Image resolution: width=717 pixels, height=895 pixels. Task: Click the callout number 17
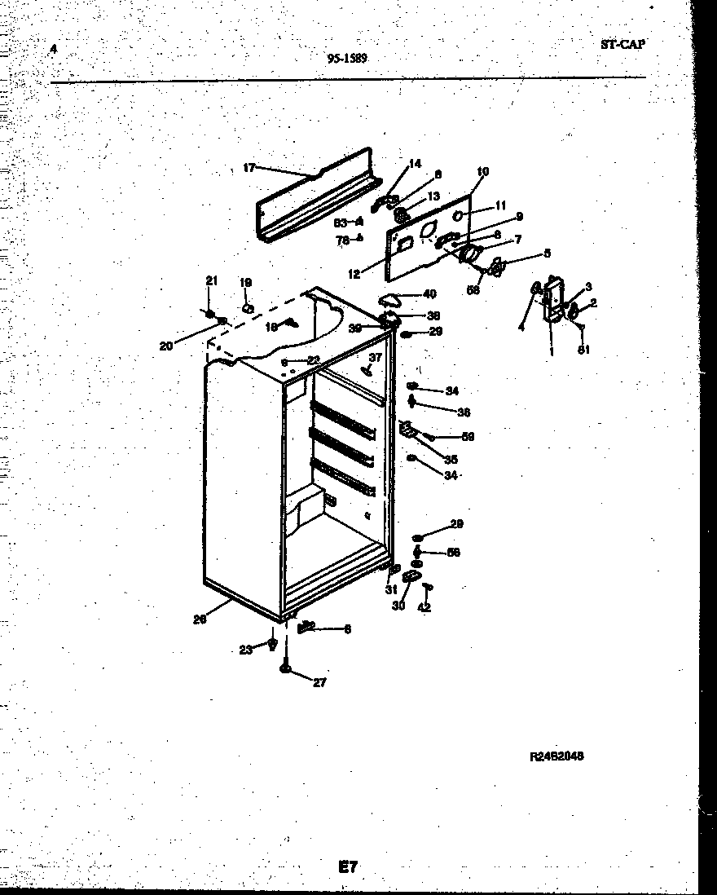pos(249,168)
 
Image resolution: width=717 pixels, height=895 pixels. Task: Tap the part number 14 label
pos(416,164)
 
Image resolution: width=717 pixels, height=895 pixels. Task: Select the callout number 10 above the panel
pos(482,171)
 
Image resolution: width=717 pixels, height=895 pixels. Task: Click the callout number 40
pos(429,294)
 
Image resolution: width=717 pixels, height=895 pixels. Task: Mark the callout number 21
pos(211,280)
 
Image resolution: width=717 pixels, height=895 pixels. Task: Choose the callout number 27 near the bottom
pos(319,682)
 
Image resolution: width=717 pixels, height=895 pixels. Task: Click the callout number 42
pos(424,607)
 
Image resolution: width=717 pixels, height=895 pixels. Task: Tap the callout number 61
pos(583,351)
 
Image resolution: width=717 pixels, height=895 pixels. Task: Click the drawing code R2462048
pos(556,756)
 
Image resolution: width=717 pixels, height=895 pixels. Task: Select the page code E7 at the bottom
pos(348,867)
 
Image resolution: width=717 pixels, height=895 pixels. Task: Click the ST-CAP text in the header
pos(622,46)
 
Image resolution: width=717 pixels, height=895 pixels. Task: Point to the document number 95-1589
pos(347,58)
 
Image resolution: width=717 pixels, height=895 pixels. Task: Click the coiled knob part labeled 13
pos(401,216)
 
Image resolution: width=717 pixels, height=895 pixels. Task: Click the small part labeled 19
pos(248,308)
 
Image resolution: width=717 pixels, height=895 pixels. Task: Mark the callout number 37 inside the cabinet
pos(375,357)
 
